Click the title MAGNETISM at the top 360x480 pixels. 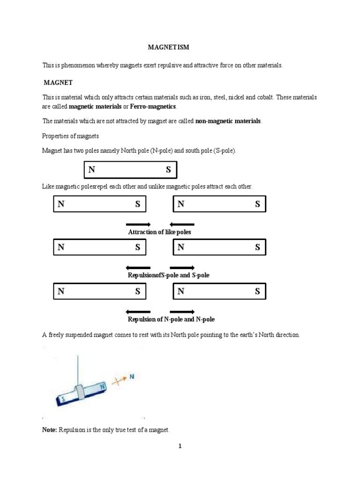168,47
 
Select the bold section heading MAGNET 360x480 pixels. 58,82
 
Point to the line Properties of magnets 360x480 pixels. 70,136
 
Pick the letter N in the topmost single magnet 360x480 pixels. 92,170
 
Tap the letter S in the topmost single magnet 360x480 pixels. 168,170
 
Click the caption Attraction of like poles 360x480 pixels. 159,232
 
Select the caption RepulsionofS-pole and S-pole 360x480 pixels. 168,275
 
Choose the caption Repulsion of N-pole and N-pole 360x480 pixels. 171,319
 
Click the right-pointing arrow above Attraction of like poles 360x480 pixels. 138,225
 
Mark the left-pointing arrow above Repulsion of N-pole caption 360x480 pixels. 138,312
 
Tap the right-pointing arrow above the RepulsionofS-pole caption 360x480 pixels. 182,268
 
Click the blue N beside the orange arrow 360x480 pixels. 132,376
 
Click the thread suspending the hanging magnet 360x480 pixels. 78,364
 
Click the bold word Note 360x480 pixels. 49,430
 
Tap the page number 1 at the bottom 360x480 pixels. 180,446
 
